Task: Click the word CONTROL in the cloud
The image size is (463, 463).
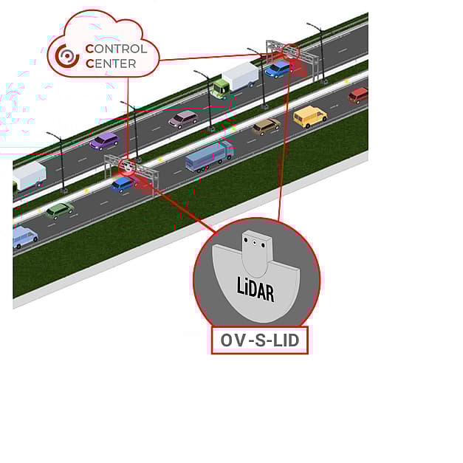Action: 116,49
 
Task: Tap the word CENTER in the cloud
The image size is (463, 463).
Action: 111,64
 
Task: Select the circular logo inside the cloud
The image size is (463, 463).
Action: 67,56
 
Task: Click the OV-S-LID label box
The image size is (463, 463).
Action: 260,340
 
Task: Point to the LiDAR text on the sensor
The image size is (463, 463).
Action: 255,289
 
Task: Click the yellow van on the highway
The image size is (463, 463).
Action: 309,117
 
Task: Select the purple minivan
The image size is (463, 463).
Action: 104,141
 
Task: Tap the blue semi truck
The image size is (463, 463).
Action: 210,156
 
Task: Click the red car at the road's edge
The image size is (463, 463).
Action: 358,95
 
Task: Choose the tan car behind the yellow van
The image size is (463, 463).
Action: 266,127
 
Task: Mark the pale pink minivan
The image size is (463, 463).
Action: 183,119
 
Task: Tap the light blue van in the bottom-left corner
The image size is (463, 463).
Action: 25,237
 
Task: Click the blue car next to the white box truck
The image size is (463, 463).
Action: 278,69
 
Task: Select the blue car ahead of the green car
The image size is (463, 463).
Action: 123,185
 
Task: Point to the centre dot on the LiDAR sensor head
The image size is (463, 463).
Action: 254,243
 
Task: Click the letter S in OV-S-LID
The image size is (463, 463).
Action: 261,340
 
